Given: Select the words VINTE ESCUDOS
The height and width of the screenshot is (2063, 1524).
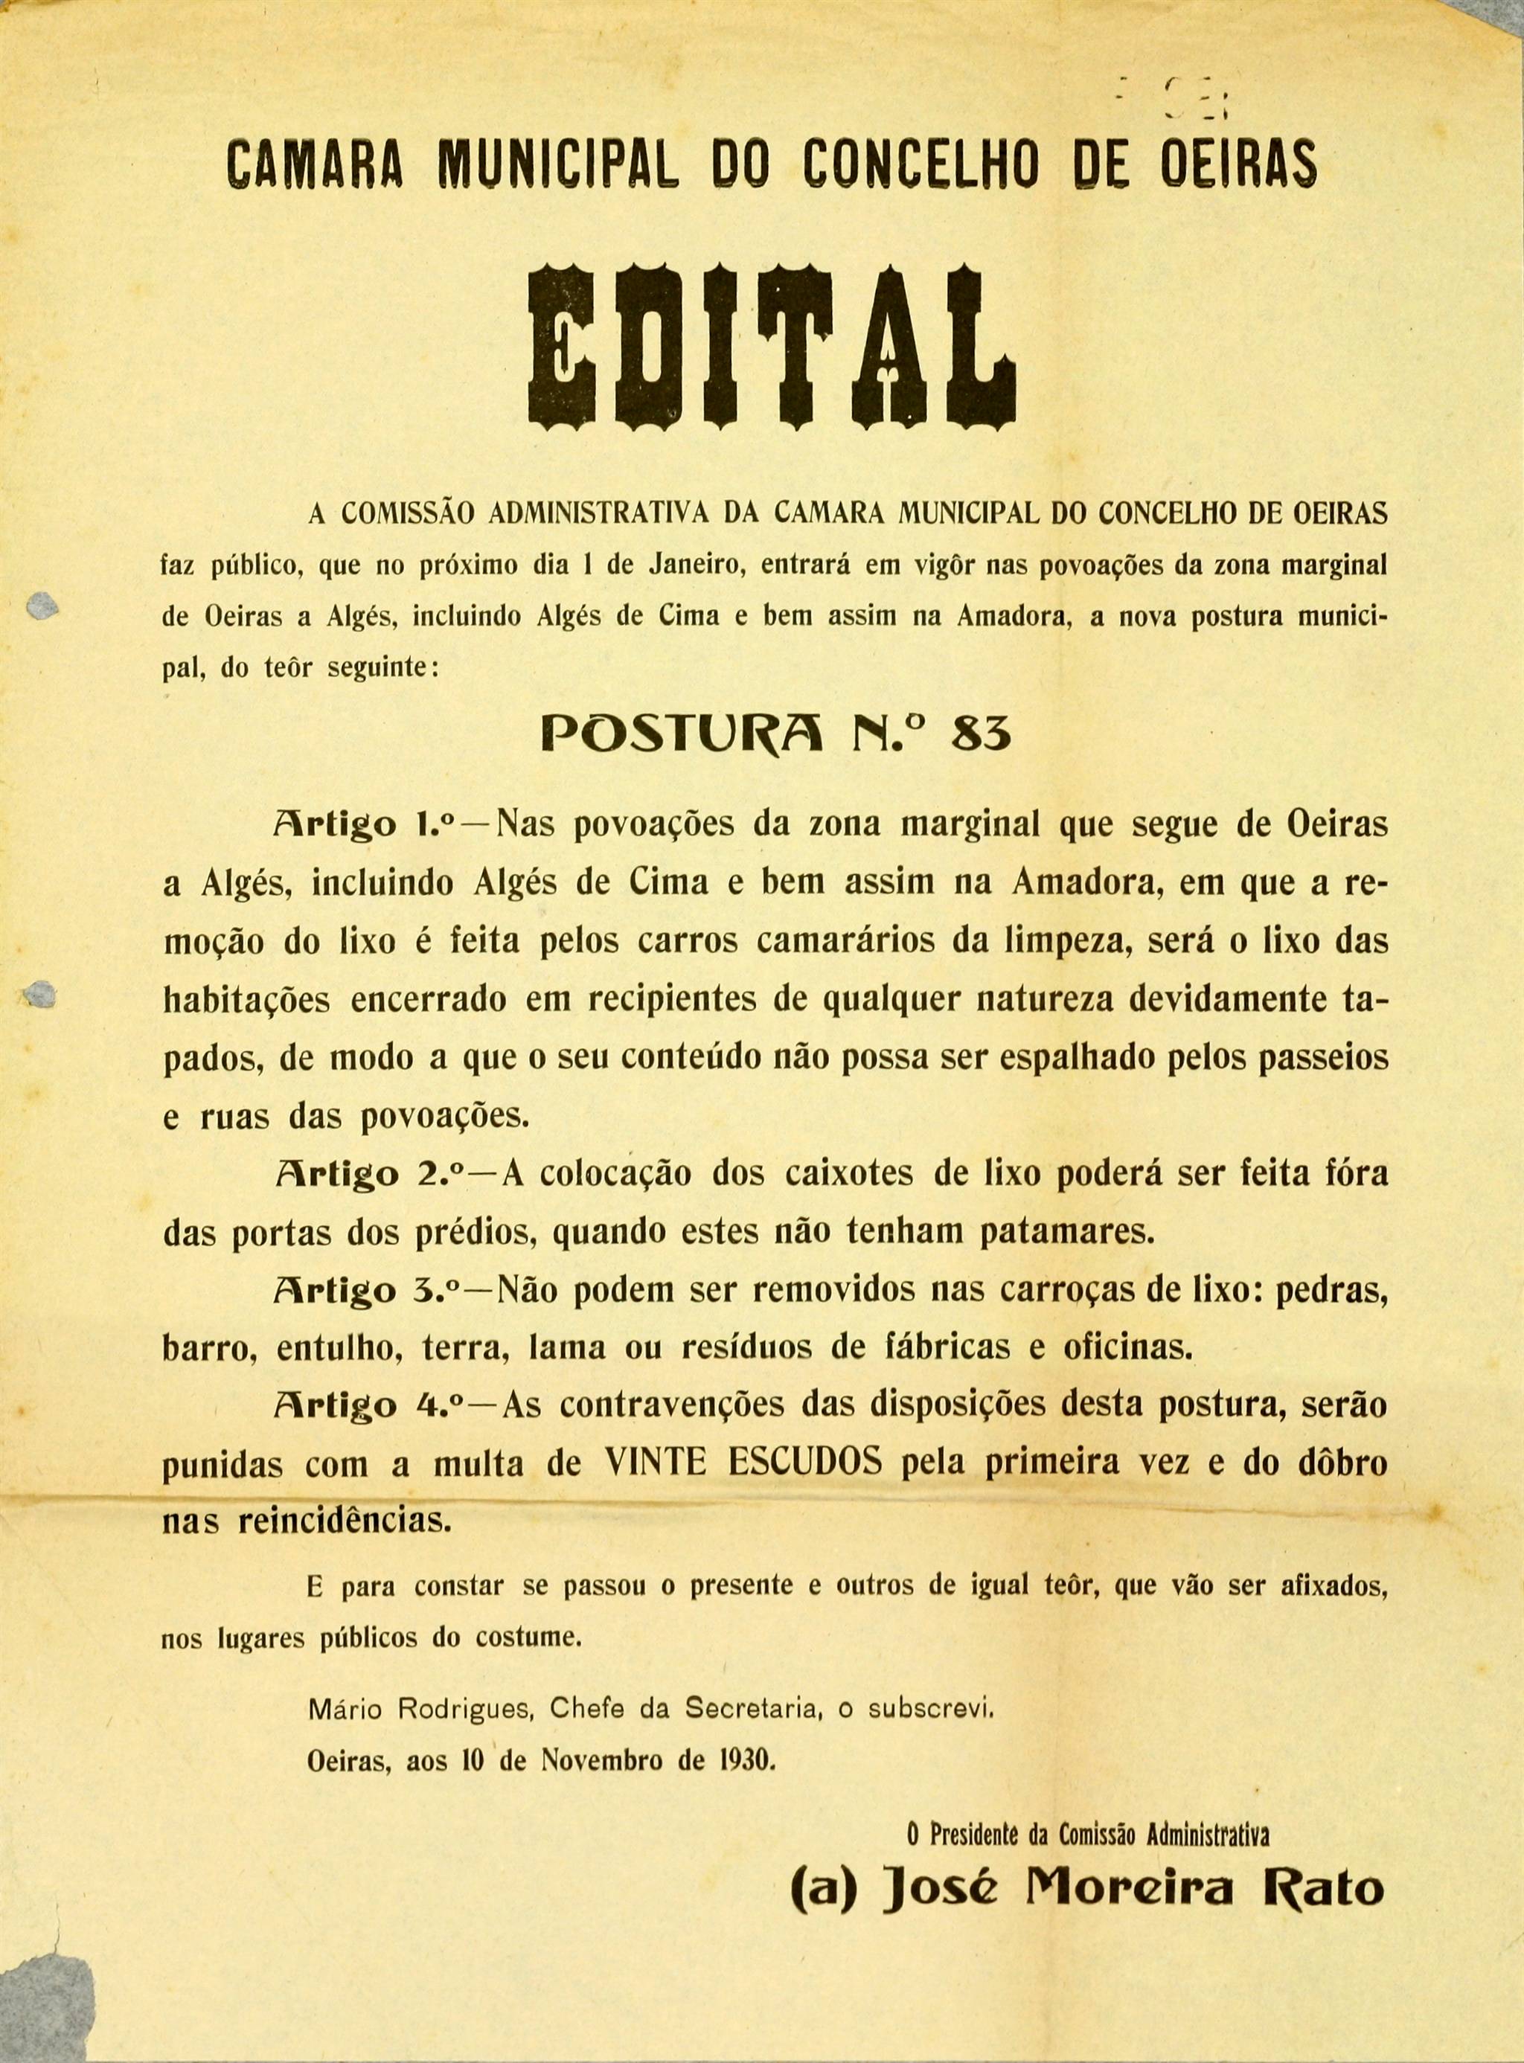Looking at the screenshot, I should point(743,1463).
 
